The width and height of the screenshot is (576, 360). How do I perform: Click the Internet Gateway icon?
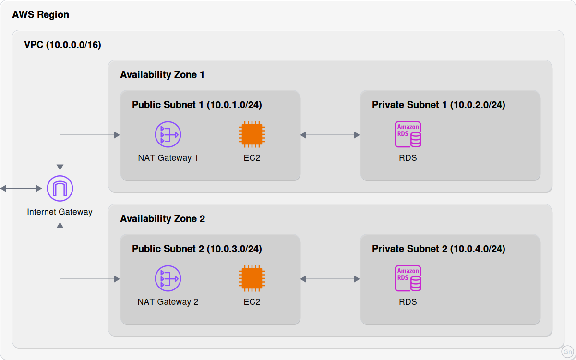pos(60,188)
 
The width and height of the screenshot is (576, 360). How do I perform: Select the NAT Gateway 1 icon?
pos(168,134)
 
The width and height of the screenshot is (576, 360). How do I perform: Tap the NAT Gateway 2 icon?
pos(168,278)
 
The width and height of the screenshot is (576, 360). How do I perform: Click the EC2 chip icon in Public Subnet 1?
pos(252,134)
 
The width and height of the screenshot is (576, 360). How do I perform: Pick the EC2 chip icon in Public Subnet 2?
pos(252,278)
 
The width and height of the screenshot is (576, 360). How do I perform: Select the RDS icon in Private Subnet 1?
pos(408,134)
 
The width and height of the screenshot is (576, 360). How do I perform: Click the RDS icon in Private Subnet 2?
pos(408,278)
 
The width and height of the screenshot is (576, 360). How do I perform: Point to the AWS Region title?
pos(41,15)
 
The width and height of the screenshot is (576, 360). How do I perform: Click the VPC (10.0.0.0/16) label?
pos(62,45)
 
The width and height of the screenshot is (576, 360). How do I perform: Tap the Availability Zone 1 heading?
pos(162,75)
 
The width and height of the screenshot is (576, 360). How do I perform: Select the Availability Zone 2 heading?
pos(163,219)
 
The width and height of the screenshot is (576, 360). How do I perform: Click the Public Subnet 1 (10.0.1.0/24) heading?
pos(197,105)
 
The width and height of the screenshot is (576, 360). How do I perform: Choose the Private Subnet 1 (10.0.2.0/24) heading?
pos(439,105)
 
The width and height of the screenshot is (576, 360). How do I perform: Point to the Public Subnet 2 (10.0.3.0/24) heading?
pos(197,249)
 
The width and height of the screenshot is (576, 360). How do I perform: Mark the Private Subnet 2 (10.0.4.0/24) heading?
pos(439,249)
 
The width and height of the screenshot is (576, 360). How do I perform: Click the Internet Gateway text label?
pos(60,212)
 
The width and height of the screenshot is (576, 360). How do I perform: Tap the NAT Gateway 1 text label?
pos(168,158)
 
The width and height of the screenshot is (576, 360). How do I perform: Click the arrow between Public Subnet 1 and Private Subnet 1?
pos(330,135)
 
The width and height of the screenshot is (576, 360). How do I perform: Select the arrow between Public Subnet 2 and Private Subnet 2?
pos(330,279)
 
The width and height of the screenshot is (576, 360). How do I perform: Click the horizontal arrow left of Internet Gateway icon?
pos(21,189)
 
